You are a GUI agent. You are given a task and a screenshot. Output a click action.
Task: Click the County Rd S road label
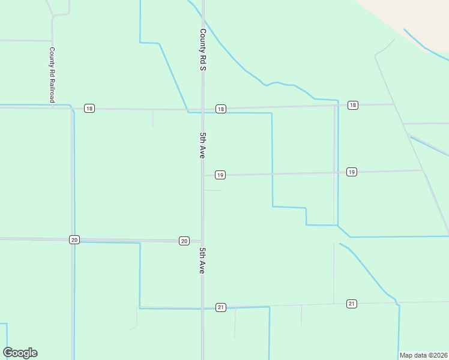[203, 50]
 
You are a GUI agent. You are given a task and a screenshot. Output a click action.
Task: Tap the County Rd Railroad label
[52, 74]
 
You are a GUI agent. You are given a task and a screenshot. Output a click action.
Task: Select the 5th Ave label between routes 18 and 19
[203, 145]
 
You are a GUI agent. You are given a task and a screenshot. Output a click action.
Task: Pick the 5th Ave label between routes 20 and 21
[203, 261]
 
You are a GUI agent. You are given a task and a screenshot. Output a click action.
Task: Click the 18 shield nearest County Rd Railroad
[89, 109]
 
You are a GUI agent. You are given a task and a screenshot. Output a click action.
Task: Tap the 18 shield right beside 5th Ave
[221, 109]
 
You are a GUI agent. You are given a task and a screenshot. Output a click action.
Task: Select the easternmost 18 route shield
[352, 106]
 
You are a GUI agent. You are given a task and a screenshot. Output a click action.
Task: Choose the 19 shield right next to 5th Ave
[220, 175]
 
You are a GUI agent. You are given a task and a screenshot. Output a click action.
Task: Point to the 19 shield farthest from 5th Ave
[352, 172]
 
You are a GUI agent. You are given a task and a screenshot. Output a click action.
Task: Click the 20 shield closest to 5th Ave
[184, 241]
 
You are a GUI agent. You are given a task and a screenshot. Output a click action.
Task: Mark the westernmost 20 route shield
[74, 239]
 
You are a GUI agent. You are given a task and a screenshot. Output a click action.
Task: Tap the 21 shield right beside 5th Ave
[221, 307]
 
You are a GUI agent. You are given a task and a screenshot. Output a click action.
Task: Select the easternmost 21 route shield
[352, 304]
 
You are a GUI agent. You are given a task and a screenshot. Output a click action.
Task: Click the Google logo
[20, 353]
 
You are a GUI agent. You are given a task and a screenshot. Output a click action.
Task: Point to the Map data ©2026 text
[424, 355]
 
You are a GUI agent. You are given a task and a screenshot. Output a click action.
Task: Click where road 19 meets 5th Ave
[203, 175]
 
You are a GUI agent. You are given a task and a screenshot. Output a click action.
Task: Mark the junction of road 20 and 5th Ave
[202, 241]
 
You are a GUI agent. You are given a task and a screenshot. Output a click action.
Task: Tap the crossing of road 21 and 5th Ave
[203, 308]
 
